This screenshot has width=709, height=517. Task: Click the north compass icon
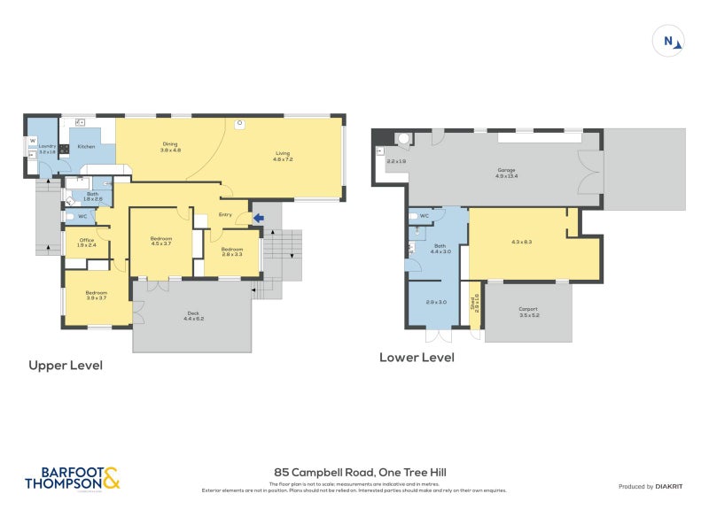[668, 40]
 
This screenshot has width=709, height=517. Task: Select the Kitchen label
[86, 146]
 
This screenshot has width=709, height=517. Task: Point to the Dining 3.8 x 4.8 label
[170, 147]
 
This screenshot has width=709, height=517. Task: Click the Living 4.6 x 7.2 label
[282, 157]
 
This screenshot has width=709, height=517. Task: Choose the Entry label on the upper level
[225, 214]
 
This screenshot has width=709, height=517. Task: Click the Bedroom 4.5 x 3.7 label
[160, 241]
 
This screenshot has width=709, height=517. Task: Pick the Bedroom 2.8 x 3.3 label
[231, 251]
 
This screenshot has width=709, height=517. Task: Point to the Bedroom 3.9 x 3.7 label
[96, 295]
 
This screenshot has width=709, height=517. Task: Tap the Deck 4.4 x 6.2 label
[192, 314]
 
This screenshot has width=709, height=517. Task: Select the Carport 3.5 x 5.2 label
[528, 312]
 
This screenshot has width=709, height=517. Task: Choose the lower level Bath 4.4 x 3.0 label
[440, 249]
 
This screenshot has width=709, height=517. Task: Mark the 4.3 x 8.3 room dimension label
[522, 242]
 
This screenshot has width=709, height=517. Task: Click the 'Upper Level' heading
[66, 365]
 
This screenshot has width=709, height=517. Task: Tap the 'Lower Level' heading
[417, 358]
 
